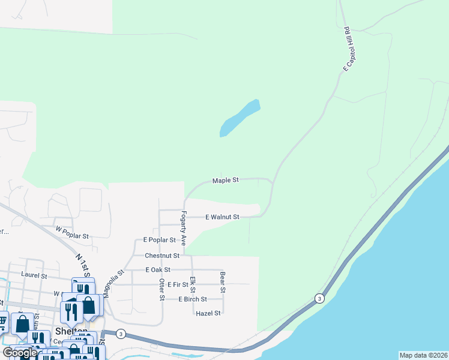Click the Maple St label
pos(226,180)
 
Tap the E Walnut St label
pos(223,217)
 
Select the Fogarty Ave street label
pos(184,227)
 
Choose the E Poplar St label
pos(160,239)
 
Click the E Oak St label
pos(158,270)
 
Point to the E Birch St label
pos(192,299)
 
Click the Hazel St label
pos(209,313)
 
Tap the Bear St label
pos(223,282)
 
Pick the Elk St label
pos(192,284)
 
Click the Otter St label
pos(161,289)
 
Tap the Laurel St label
pos(34,276)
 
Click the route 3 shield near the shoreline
pos(319,298)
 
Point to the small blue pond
pos(240,118)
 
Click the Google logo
pos(20,353)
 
